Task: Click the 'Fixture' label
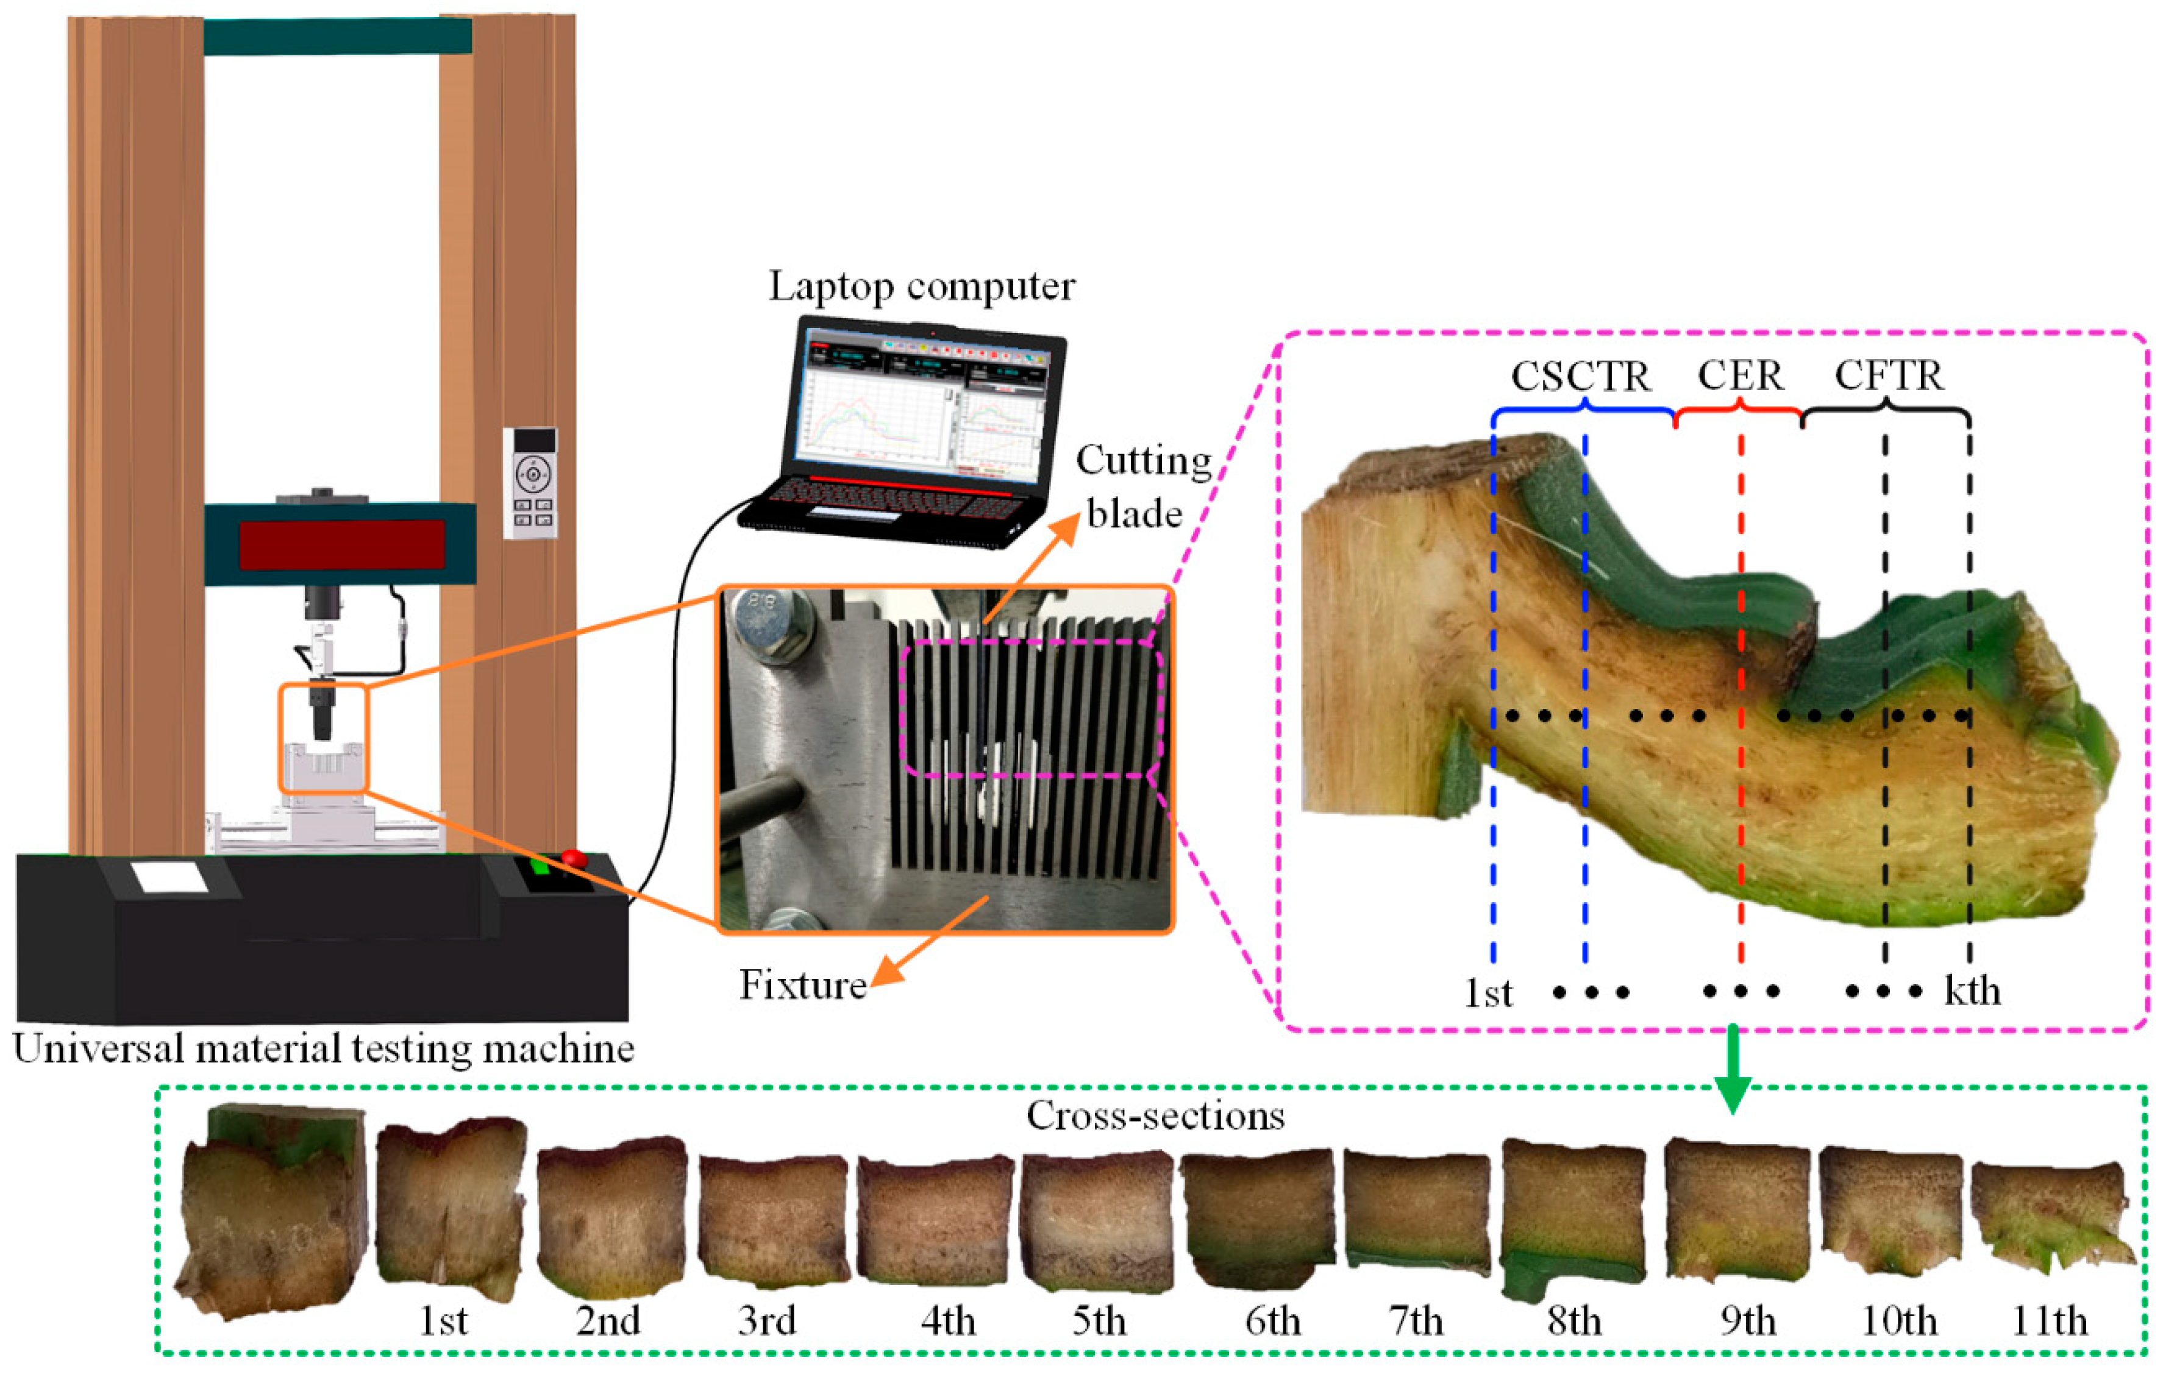802,986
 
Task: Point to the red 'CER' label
1739,376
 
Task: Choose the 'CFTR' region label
1889,376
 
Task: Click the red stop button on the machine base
572,859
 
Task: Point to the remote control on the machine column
531,482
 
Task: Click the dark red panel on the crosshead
341,544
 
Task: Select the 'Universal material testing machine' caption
323,1049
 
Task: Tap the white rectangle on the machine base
169,877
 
